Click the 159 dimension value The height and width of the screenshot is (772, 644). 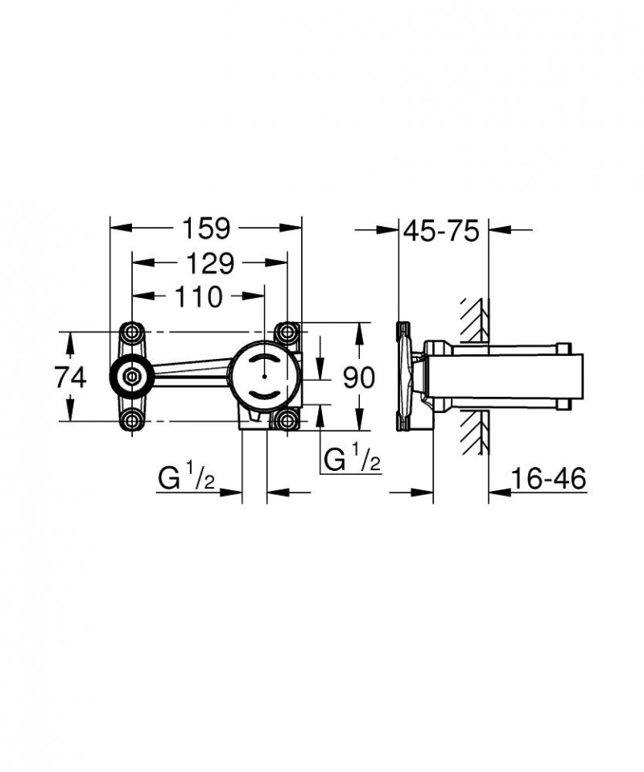point(204,229)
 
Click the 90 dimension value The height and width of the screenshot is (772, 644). point(359,377)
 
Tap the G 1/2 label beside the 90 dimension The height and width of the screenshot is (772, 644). point(352,460)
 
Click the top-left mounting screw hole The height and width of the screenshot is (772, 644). point(132,332)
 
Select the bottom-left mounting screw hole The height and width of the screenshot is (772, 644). point(132,419)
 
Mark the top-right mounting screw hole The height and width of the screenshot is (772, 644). point(287,332)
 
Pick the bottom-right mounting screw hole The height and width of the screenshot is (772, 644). point(287,419)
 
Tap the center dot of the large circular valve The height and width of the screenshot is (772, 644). point(263,376)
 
